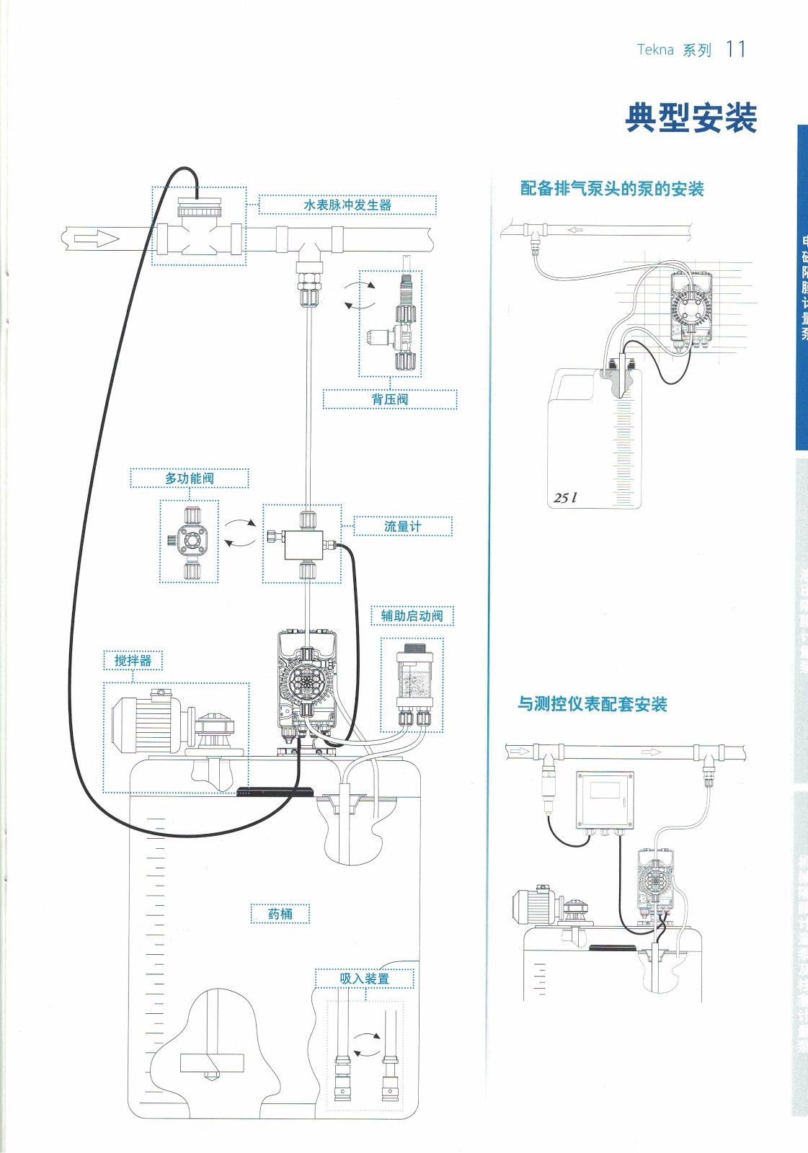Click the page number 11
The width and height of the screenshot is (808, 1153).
pyautogui.click(x=735, y=49)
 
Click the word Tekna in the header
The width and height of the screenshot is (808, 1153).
pyautogui.click(x=655, y=50)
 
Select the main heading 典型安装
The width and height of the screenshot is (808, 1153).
pyautogui.click(x=691, y=117)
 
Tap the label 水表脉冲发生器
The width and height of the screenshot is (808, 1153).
pyautogui.click(x=347, y=205)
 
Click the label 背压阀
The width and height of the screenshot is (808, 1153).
pyautogui.click(x=390, y=399)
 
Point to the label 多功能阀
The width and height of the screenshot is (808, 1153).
pyautogui.click(x=190, y=478)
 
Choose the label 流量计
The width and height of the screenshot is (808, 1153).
pyautogui.click(x=403, y=527)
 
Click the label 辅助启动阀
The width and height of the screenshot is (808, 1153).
pyautogui.click(x=412, y=616)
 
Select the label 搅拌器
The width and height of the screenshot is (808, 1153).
pyautogui.click(x=133, y=661)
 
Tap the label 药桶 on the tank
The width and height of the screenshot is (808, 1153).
pyautogui.click(x=280, y=914)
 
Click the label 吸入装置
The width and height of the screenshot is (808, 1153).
pyautogui.click(x=365, y=979)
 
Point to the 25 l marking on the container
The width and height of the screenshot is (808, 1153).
pyautogui.click(x=565, y=497)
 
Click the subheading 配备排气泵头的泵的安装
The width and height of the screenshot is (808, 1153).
pyautogui.click(x=612, y=189)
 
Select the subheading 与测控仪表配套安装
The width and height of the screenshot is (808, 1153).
pyautogui.click(x=592, y=704)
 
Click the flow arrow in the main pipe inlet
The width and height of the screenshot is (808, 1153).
pyautogui.click(x=97, y=239)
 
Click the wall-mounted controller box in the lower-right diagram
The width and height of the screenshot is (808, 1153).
pyautogui.click(x=605, y=799)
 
